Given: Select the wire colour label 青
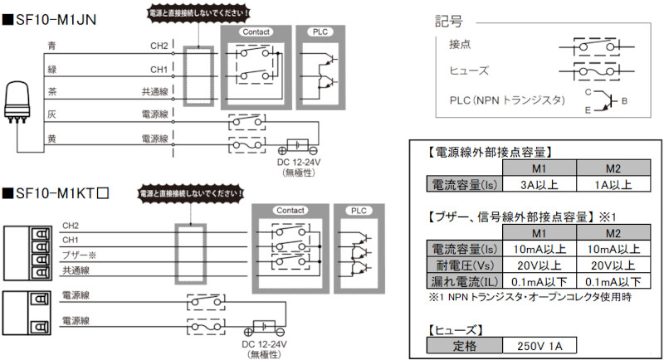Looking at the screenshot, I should click(52, 45).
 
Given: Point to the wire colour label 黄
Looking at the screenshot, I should click(52, 139).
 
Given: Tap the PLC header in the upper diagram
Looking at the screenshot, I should click(320, 32).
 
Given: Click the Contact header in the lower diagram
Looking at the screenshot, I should click(290, 211).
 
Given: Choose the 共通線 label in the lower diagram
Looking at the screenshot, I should click(76, 270).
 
